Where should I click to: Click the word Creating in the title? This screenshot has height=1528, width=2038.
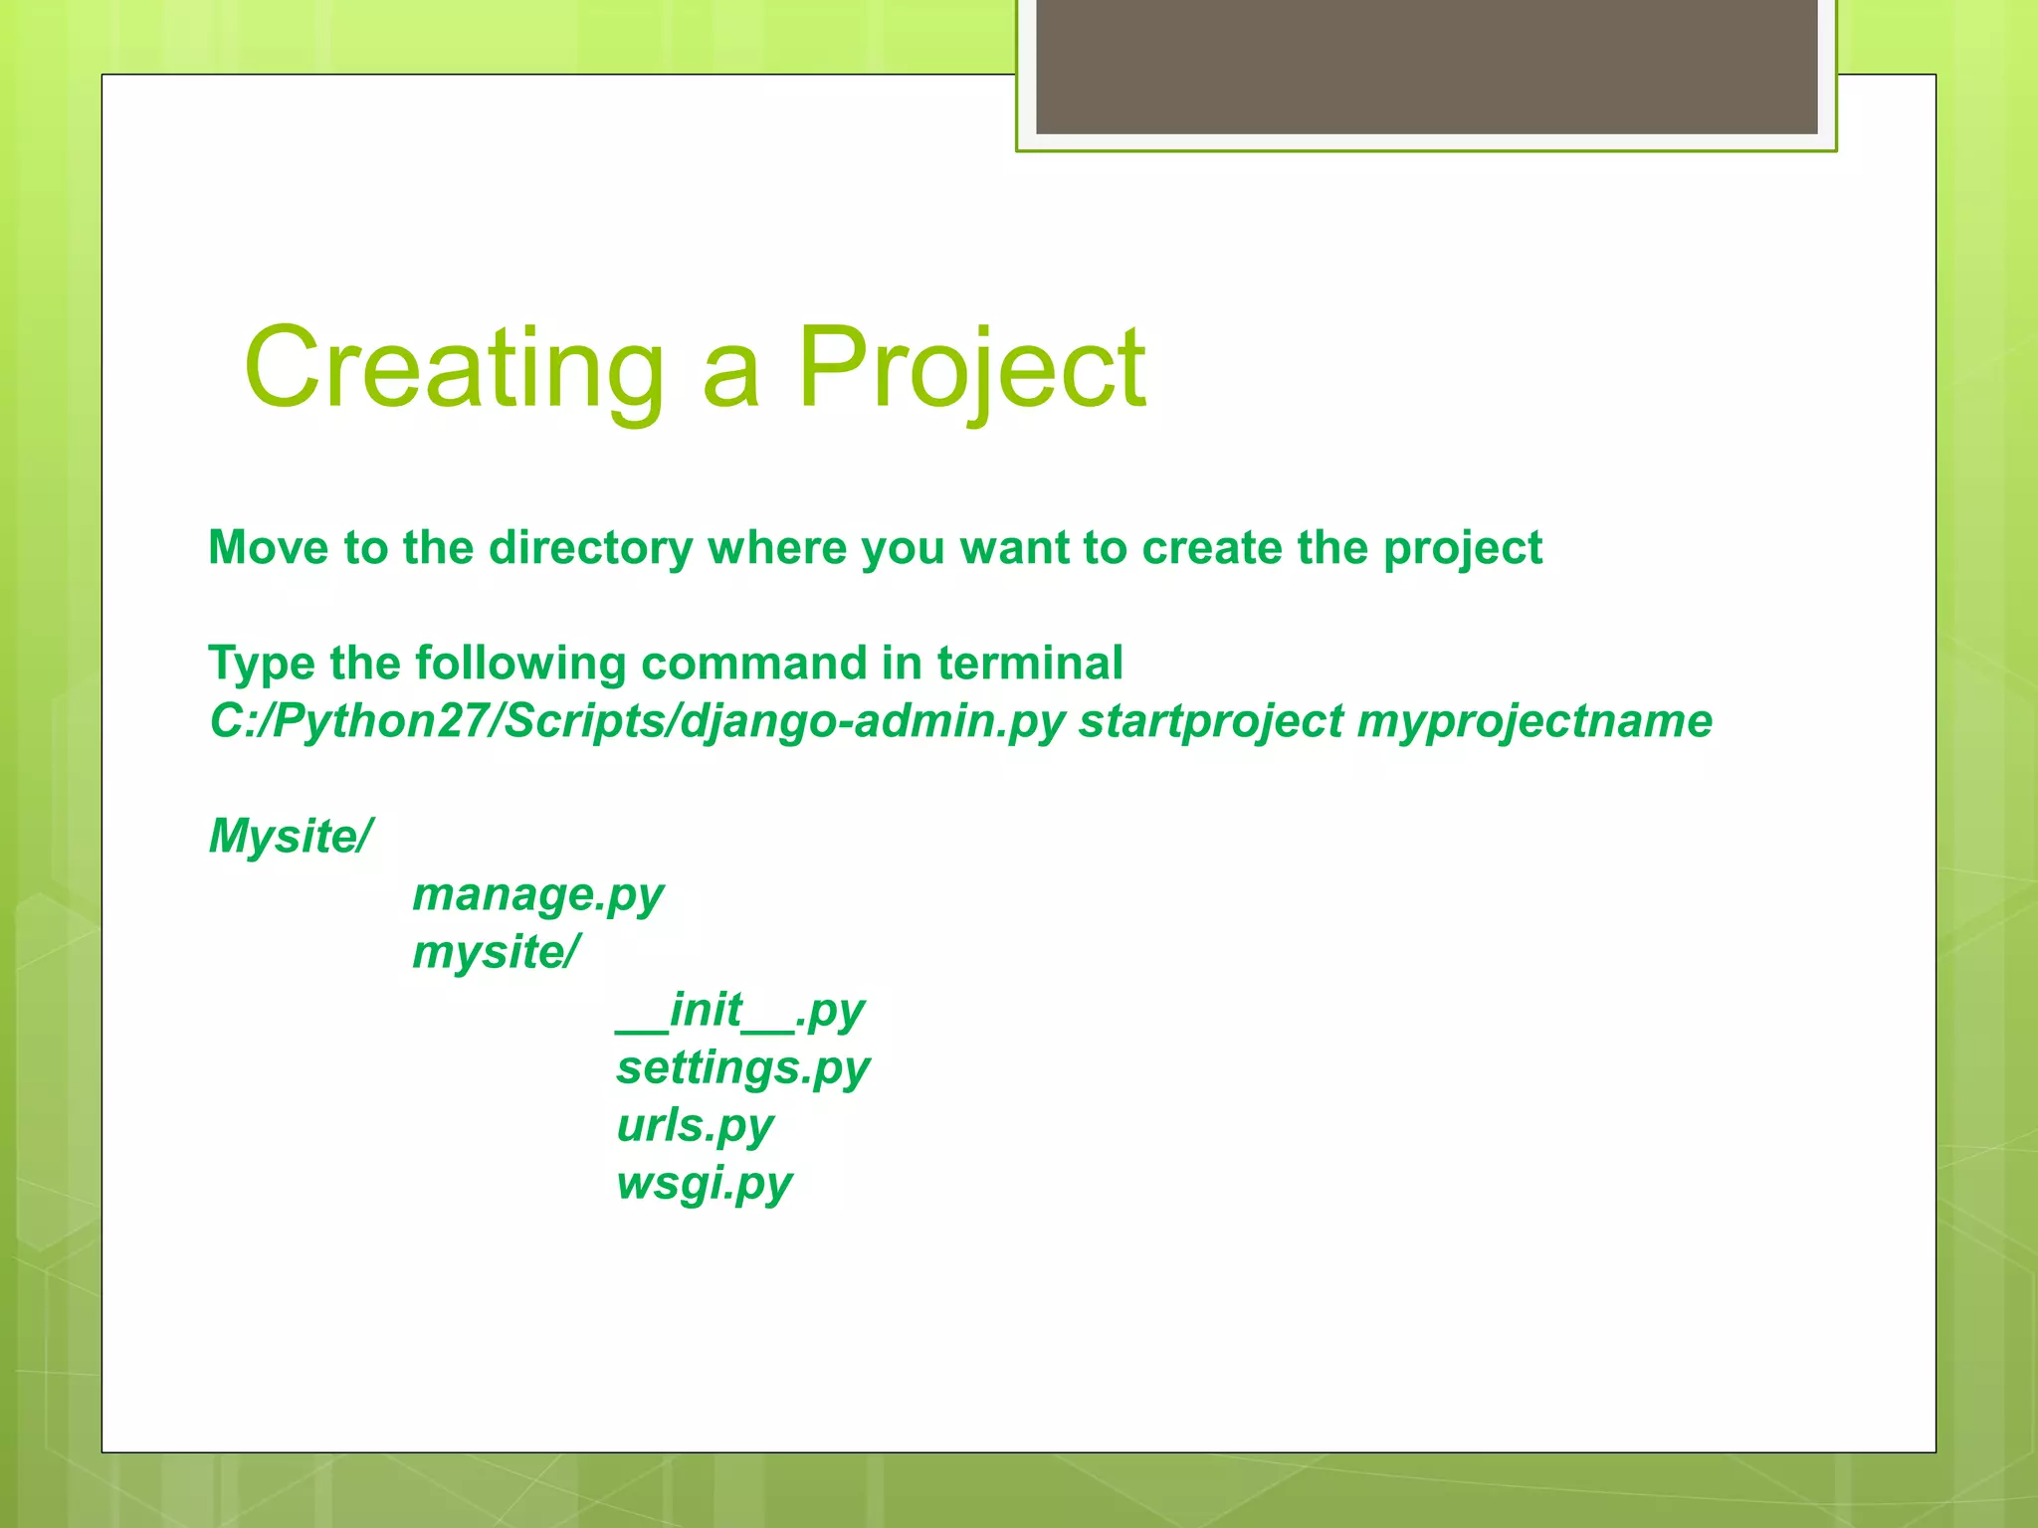(x=454, y=368)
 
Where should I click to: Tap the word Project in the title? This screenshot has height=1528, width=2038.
(x=970, y=368)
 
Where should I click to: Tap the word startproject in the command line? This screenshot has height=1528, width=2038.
(x=1211, y=721)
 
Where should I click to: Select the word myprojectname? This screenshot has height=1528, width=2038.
(x=1534, y=721)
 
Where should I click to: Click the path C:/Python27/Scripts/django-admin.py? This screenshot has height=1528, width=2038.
(x=637, y=721)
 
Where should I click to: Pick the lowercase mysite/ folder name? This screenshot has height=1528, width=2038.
(x=496, y=952)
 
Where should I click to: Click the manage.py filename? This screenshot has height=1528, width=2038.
(x=537, y=894)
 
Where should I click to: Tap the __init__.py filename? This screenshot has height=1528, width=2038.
(x=740, y=1010)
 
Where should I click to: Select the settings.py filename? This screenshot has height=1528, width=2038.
(x=742, y=1067)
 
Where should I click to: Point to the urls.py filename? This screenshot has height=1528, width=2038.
(x=695, y=1125)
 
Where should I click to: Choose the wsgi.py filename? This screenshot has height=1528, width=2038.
(x=704, y=1183)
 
